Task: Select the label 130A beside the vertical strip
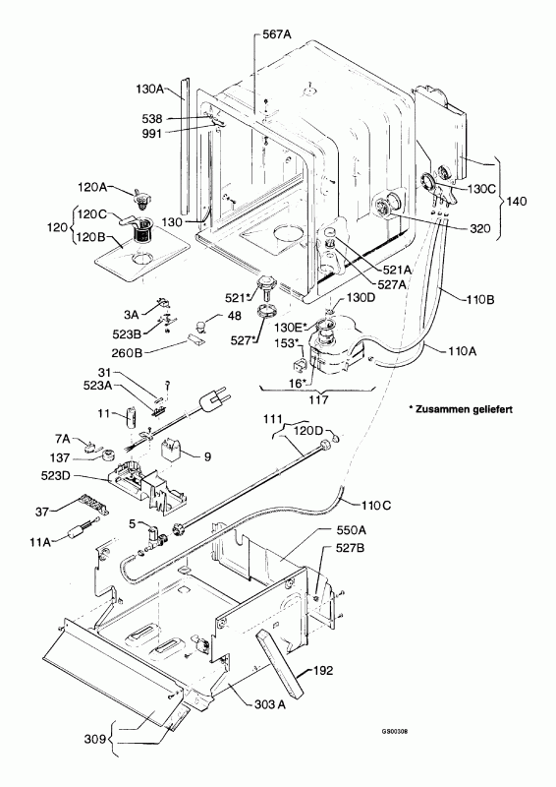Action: click(x=150, y=90)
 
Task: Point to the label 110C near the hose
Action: click(x=376, y=505)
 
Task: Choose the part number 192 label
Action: click(x=323, y=671)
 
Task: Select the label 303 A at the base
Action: click(x=270, y=704)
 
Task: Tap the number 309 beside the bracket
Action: click(x=95, y=739)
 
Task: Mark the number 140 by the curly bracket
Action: click(x=517, y=202)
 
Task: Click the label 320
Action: click(x=479, y=229)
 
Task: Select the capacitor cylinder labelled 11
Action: click(x=131, y=417)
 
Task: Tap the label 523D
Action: click(x=56, y=475)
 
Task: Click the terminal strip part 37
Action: click(x=93, y=504)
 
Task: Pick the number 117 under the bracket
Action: click(x=318, y=399)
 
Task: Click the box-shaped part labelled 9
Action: click(x=172, y=450)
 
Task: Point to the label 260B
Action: click(x=128, y=352)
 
